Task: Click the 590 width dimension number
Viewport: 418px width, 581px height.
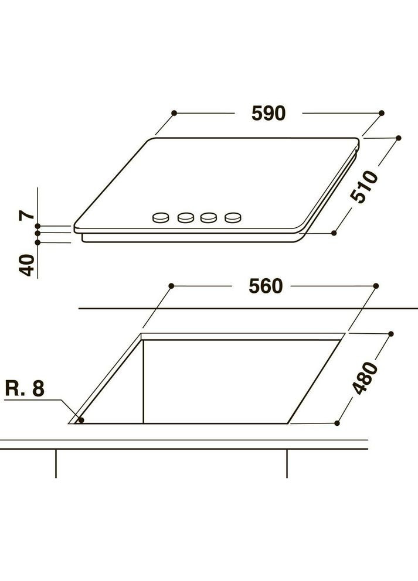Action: [x=269, y=113]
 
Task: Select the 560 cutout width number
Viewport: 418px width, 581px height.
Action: [x=265, y=286]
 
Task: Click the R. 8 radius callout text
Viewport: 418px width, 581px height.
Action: [x=25, y=388]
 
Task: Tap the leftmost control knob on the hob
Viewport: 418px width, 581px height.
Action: [x=159, y=218]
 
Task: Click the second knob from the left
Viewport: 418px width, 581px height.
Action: [x=185, y=218]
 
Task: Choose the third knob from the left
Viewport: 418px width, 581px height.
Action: [x=209, y=218]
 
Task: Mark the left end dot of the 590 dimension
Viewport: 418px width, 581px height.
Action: [x=174, y=112]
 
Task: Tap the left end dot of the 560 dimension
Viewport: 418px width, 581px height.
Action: [x=171, y=285]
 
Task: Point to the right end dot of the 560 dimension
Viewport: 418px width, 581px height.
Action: [x=376, y=286]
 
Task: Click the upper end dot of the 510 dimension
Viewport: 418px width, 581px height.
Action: [x=399, y=138]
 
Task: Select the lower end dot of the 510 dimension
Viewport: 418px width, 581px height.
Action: [x=334, y=233]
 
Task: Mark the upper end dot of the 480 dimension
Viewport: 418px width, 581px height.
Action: [x=391, y=333]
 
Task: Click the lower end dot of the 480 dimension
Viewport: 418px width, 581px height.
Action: [x=337, y=422]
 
